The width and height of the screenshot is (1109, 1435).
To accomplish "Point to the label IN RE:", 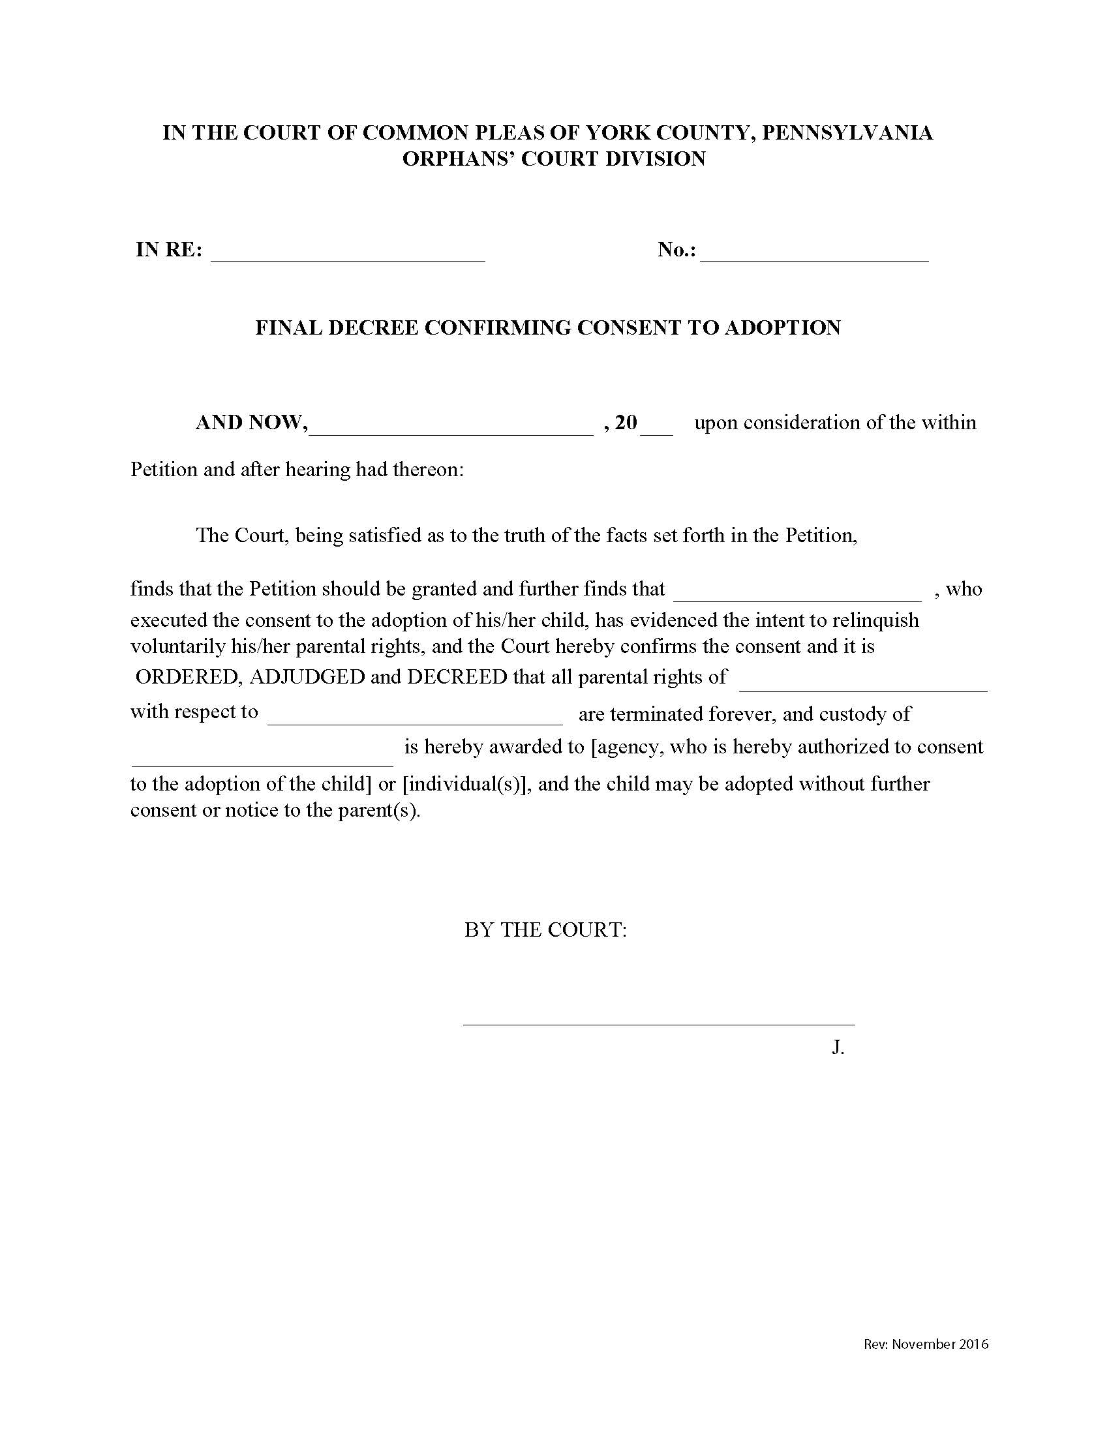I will (x=169, y=250).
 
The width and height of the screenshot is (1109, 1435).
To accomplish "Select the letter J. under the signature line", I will (x=838, y=1047).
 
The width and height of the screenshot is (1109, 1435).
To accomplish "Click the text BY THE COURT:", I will (x=545, y=929).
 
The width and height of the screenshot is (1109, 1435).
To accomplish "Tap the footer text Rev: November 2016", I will (x=926, y=1344).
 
